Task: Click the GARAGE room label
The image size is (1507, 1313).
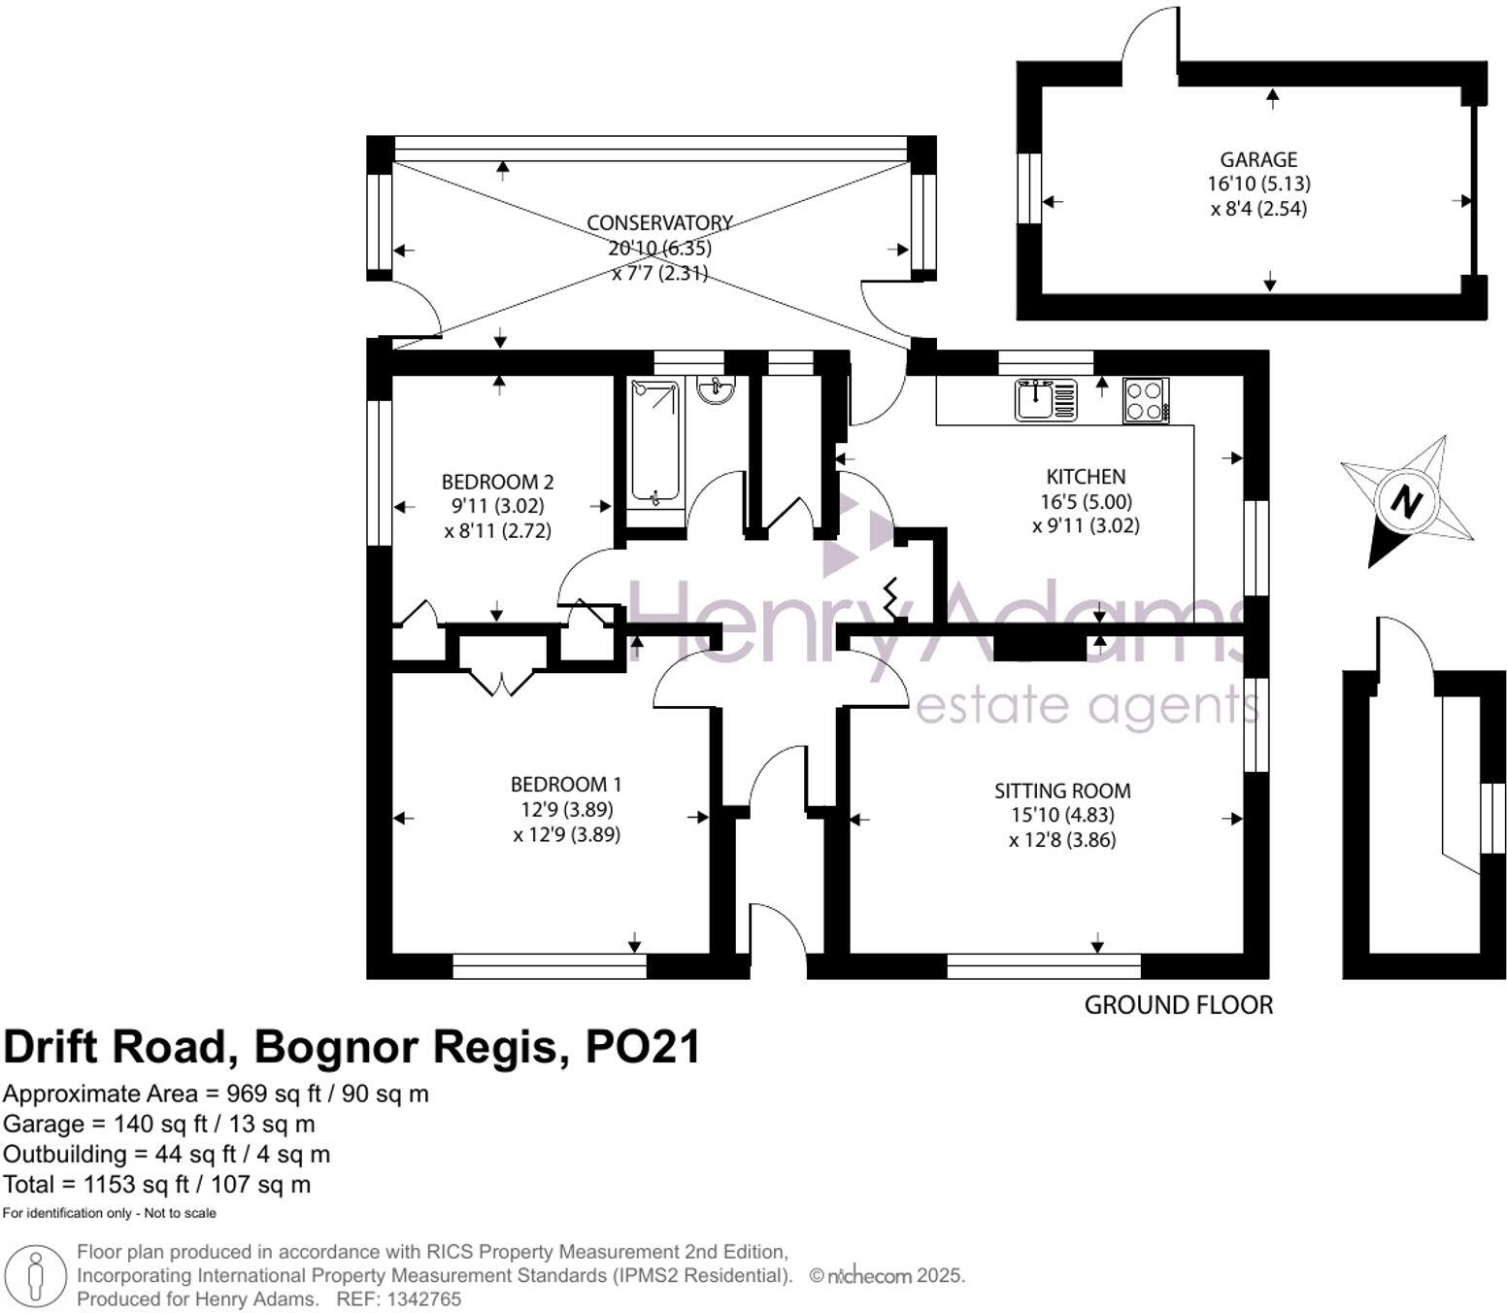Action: point(1258,159)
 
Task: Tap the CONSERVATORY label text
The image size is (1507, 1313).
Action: point(659,222)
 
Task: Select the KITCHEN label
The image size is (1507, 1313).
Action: point(1086,477)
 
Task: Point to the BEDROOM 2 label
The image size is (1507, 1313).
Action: point(497,482)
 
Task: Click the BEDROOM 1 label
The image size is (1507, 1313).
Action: point(566,784)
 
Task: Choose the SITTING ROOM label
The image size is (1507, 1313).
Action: point(1062,791)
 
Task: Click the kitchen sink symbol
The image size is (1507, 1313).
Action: point(1046,400)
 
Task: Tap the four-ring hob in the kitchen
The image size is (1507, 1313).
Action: point(1146,400)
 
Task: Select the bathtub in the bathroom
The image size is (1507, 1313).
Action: point(654,443)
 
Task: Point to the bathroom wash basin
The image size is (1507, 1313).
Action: point(716,390)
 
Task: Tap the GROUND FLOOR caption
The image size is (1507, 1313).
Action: point(1179,1005)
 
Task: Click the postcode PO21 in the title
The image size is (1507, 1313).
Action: point(642,1047)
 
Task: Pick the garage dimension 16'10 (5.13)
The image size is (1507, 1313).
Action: point(1258,184)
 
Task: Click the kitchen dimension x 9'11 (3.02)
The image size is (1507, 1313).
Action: point(1086,525)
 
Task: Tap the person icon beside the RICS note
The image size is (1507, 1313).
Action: point(35,1276)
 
